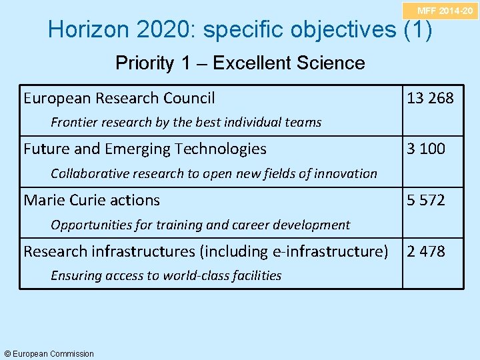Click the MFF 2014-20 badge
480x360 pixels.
tap(445, 10)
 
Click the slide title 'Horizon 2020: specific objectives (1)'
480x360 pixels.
tap(240, 29)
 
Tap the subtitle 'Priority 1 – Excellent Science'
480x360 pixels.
tap(240, 63)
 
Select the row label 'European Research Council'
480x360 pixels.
tap(119, 99)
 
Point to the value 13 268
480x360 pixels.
tap(430, 99)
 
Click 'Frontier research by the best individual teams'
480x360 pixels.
tap(186, 122)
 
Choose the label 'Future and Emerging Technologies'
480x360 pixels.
tap(145, 149)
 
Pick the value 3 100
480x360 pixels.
tap(425, 149)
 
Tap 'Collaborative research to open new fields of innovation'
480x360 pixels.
tap(214, 173)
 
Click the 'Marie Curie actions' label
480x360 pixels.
tap(91, 200)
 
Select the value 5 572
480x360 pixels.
tap(425, 200)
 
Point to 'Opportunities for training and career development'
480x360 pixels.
tap(200, 225)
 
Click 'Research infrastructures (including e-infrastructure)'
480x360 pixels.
tap(205, 251)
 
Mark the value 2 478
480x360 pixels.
tap(425, 251)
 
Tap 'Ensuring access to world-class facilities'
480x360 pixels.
tap(166, 275)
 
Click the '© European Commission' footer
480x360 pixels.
tap(49, 353)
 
